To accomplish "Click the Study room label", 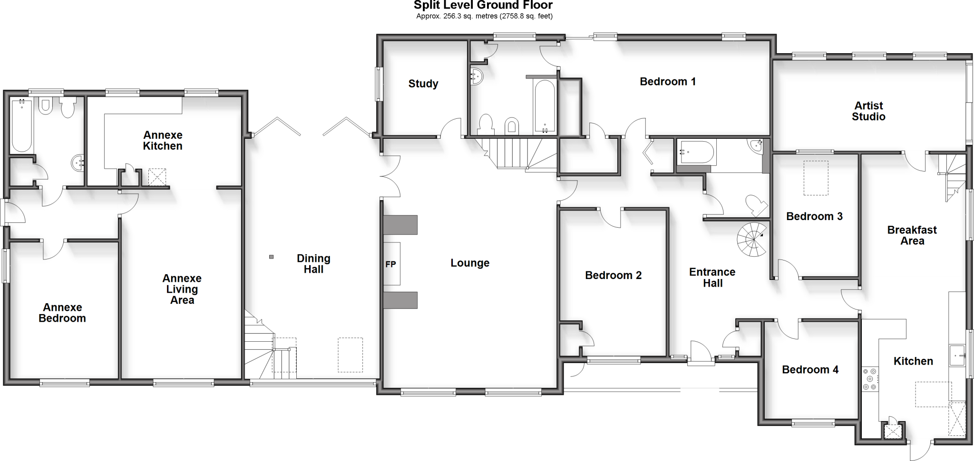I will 423,84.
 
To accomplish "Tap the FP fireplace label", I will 390,264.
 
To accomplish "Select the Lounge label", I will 470,263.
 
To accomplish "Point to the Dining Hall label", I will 313,264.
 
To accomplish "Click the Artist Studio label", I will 868,111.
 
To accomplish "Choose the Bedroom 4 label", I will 810,370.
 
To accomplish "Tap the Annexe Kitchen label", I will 163,141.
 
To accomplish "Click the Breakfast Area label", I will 912,235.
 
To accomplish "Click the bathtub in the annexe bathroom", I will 22,125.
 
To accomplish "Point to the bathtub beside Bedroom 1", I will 544,106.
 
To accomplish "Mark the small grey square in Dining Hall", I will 272,257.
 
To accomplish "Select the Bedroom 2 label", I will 613,275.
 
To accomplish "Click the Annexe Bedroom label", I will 62,313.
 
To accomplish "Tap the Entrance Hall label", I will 712,278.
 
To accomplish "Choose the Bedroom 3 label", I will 814,217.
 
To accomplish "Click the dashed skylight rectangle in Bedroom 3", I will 816,178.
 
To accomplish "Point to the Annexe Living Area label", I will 182,289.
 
